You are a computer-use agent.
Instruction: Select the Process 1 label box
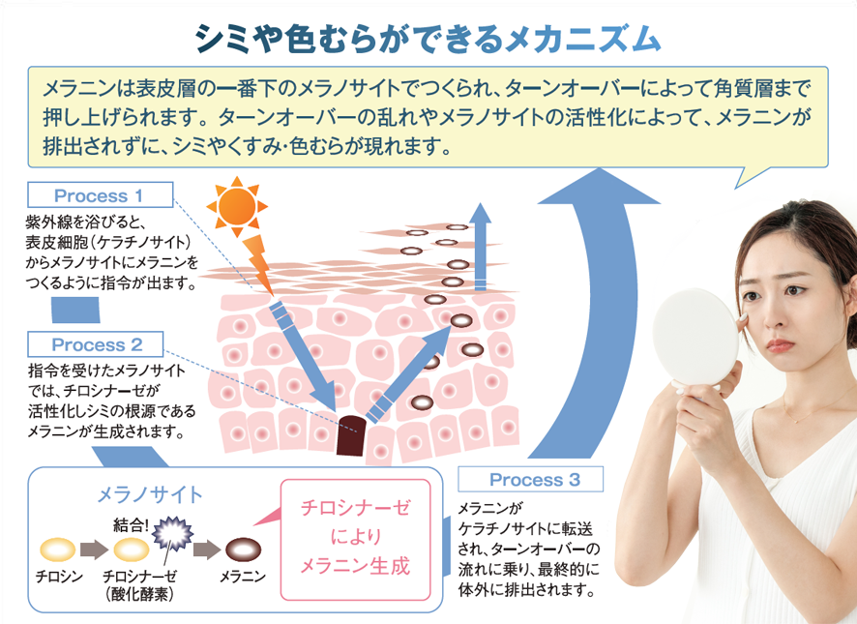point(101,193)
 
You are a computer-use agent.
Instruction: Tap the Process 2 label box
point(96,344)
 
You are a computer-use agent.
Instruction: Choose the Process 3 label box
point(533,479)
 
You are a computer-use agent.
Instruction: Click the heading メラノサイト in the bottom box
point(150,495)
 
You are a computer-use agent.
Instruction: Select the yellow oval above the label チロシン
point(57,550)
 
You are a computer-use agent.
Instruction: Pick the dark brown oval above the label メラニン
point(244,550)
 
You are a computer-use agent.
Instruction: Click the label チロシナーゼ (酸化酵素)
point(143,585)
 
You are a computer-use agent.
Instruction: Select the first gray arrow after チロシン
point(94,550)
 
